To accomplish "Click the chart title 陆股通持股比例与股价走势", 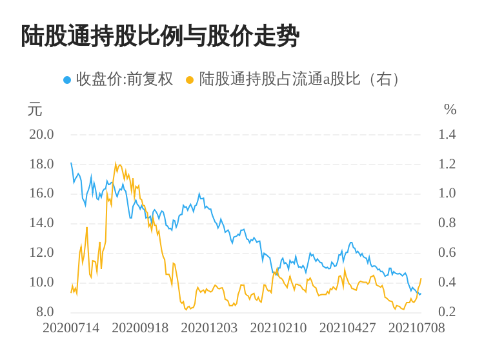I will (160, 36).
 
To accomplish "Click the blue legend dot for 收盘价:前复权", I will (66, 80).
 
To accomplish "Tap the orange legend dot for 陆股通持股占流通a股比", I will (190, 80).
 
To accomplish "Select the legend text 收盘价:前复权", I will (125, 79).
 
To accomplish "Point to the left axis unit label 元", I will (35, 110).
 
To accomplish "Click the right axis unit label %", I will (450, 110).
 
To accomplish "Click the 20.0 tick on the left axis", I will (41, 134).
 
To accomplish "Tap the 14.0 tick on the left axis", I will (41, 223).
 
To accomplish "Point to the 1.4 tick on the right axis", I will (447, 134).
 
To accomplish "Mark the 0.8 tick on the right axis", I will (447, 223).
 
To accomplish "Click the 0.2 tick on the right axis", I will (447, 312).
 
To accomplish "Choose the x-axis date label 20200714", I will (71, 328).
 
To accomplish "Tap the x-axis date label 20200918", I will (140, 328).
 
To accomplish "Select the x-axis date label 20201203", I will (209, 328).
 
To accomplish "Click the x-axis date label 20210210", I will (278, 328).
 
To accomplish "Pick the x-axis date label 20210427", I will (347, 328).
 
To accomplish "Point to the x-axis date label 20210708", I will (416, 328).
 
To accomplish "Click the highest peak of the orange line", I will (116, 163).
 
